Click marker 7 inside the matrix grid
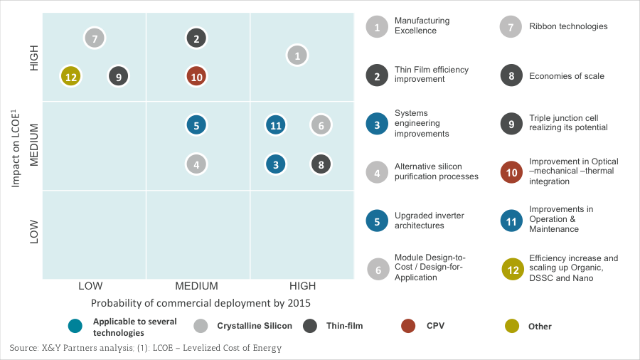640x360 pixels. tap(95, 38)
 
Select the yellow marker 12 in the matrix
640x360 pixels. tap(70, 76)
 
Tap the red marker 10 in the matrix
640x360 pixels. tap(196, 76)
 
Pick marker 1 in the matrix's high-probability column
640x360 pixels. tap(297, 55)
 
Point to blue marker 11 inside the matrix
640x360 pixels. tap(276, 125)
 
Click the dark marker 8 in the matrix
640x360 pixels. tap(321, 164)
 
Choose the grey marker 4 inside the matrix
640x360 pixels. tap(196, 164)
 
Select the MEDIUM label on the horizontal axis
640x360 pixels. tap(196, 286)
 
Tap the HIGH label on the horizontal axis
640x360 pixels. tap(303, 286)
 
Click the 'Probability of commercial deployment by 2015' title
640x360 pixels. tap(201, 302)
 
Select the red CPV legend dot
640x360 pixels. tap(408, 326)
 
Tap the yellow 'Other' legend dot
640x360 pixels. tap(512, 326)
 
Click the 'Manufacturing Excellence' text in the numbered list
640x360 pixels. tap(422, 26)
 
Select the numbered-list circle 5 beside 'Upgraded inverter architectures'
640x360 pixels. tap(377, 221)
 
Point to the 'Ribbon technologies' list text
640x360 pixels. tap(568, 26)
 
